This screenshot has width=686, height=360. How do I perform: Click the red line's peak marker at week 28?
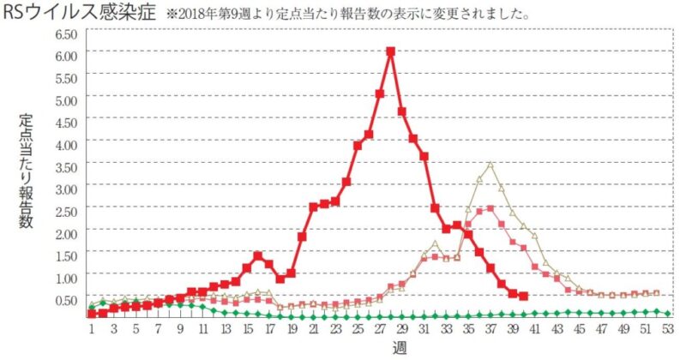(391, 51)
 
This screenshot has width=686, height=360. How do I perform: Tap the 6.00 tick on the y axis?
(66, 54)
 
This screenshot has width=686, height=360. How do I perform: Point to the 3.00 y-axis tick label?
(66, 188)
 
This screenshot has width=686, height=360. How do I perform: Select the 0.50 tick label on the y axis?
(66, 299)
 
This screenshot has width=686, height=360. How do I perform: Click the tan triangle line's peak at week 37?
(490, 164)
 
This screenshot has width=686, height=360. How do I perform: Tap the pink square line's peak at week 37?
(490, 208)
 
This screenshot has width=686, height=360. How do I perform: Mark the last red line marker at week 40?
(523, 297)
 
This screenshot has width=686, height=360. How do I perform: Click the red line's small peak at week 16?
(257, 255)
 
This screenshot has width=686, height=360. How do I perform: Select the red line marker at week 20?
(302, 237)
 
